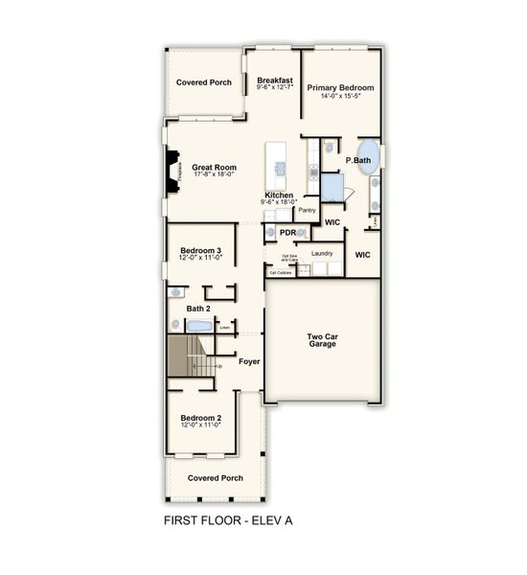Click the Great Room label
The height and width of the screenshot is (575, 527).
click(214, 166)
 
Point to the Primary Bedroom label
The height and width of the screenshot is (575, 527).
click(340, 87)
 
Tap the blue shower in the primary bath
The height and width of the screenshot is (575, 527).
click(332, 184)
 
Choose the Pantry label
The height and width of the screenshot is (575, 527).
click(308, 210)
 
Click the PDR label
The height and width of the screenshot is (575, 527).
click(286, 232)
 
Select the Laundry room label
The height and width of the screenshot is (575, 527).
click(322, 253)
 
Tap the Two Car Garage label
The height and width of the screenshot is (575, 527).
click(322, 339)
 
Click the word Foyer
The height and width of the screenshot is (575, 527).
click(249, 362)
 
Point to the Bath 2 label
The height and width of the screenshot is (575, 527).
click(198, 308)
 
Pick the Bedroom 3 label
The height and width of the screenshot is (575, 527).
click(201, 250)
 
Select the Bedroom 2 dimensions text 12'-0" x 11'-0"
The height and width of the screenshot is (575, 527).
click(201, 425)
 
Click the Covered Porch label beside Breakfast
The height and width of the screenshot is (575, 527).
click(203, 82)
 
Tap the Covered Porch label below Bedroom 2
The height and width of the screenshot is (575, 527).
click(215, 477)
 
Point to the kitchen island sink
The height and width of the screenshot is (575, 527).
click(281, 168)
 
